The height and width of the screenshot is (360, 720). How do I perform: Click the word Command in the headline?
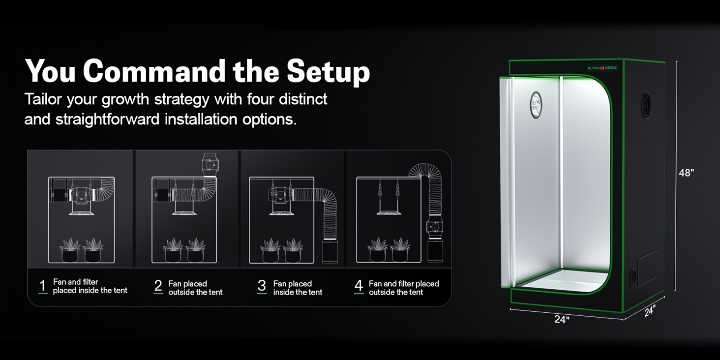[154, 71]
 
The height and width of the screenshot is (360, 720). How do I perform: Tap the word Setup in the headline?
[328, 73]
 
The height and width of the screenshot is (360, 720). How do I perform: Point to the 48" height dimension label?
[686, 173]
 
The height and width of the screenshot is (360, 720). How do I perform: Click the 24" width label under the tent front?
[562, 319]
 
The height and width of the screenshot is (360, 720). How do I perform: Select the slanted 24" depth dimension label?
[650, 311]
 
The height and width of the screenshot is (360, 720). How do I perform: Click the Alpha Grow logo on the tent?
[601, 68]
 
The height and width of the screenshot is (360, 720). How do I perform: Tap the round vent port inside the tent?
[536, 105]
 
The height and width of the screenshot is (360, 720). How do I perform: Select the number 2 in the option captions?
[158, 285]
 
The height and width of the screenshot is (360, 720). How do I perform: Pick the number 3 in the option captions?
[262, 285]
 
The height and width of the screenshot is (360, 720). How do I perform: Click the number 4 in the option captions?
[359, 285]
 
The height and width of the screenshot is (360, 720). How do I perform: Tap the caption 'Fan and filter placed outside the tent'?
[404, 288]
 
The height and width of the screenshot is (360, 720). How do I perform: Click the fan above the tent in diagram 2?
[210, 165]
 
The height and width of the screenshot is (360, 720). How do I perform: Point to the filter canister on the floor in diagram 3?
[330, 251]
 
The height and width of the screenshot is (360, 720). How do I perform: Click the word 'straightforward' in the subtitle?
[107, 120]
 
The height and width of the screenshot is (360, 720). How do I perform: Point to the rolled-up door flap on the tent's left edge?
[506, 182]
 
